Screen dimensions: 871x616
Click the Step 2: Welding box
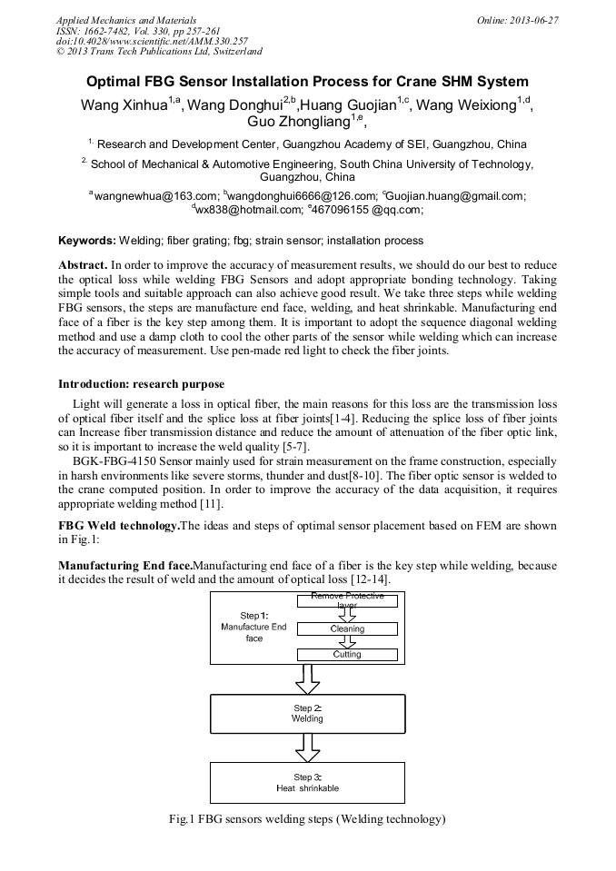pos(307,713)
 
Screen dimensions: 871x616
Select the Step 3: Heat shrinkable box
pos(307,782)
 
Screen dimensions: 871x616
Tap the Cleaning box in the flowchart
pos(347,629)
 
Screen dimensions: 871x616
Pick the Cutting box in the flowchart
pos(347,654)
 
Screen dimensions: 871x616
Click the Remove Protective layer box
pos(347,599)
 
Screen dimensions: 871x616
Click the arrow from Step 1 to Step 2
pos(308,678)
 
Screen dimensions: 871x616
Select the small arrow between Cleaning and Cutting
pos(347,641)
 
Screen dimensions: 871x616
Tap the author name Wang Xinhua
pos(124,104)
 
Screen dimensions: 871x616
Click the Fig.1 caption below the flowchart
pos(307,819)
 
